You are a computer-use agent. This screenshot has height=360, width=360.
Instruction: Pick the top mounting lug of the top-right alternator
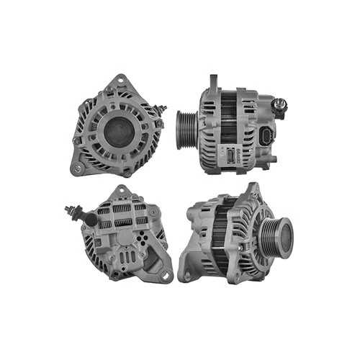click(214, 81)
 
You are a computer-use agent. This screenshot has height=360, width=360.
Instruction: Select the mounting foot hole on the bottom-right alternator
click(189, 274)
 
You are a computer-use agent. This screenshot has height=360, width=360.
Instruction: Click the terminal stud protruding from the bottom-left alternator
click(71, 211)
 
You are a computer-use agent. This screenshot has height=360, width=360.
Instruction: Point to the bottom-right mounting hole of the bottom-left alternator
click(166, 274)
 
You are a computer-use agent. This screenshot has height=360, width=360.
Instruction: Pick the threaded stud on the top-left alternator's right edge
click(163, 109)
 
